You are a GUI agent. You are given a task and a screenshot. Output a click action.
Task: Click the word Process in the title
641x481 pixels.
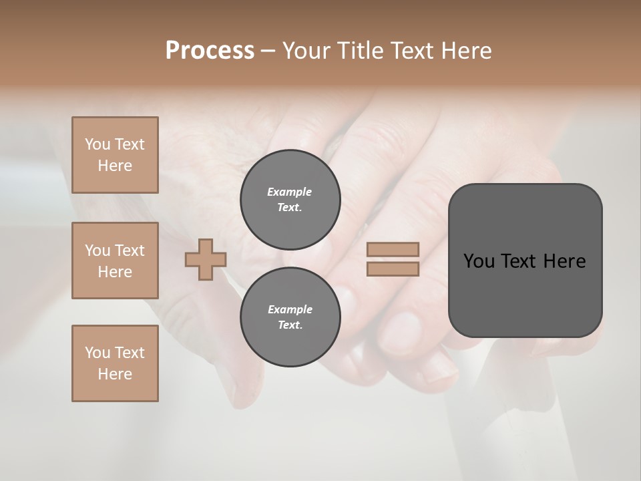pyautogui.click(x=210, y=51)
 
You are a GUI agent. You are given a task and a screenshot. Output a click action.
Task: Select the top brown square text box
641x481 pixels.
pyautogui.click(x=115, y=155)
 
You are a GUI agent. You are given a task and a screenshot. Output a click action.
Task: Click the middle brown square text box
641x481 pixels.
pyautogui.click(x=115, y=261)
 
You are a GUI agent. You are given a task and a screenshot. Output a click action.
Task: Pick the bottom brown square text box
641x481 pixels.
pyautogui.click(x=115, y=363)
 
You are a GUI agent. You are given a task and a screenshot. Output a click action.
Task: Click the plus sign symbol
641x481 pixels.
pyautogui.click(x=206, y=260)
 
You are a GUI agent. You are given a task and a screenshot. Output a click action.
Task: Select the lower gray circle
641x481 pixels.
pyautogui.click(x=290, y=317)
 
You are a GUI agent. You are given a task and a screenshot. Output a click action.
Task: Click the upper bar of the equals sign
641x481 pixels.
pyautogui.click(x=393, y=250)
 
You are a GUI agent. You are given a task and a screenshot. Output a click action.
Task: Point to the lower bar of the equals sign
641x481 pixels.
pyautogui.click(x=393, y=269)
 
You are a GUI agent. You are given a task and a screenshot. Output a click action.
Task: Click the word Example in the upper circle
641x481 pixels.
pyautogui.click(x=289, y=192)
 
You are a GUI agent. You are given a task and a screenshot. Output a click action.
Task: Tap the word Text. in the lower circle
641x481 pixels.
pyautogui.click(x=290, y=325)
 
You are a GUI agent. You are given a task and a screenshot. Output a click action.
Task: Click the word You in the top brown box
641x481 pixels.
pyautogui.click(x=97, y=145)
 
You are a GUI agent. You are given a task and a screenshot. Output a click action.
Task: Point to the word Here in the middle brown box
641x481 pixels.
pyautogui.click(x=115, y=272)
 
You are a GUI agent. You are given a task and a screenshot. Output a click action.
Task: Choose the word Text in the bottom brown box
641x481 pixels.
pyautogui.click(x=129, y=353)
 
